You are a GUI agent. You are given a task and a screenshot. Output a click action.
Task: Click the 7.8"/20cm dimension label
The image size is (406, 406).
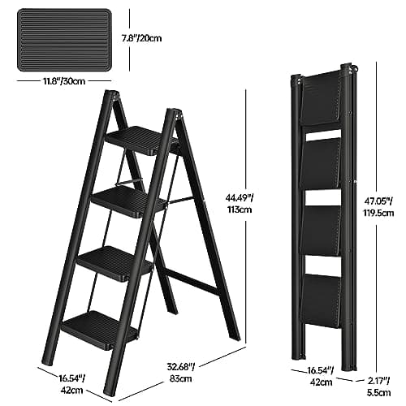click(141, 38)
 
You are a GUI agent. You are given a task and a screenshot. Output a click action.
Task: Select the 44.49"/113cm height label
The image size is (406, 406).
click(240, 204)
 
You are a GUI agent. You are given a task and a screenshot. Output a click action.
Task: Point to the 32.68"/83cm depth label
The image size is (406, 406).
click(181, 373)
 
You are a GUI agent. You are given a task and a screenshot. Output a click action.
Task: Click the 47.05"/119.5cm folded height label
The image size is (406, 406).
click(378, 207)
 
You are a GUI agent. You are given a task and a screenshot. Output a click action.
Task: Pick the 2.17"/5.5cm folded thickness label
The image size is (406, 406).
click(379, 387)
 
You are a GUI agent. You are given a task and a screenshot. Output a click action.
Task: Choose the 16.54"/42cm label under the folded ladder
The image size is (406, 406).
click(321, 376)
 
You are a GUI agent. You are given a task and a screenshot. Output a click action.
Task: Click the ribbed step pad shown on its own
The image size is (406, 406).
click(64, 40)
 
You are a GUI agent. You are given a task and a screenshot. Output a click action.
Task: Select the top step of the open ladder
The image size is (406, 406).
click(140, 140)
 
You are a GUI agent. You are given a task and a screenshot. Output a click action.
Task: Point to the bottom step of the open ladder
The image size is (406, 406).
click(99, 330)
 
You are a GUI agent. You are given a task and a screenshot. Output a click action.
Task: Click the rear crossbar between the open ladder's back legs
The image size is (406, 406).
click(192, 283)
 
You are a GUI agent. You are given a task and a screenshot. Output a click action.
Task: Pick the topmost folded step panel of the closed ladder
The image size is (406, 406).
click(322, 98)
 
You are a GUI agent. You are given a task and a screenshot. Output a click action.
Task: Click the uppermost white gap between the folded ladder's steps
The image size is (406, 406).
click(323, 135)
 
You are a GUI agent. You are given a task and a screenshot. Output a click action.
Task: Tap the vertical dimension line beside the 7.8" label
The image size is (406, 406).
click(130, 41)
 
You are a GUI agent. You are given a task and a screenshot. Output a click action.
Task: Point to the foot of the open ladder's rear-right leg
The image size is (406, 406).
click(235, 336)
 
